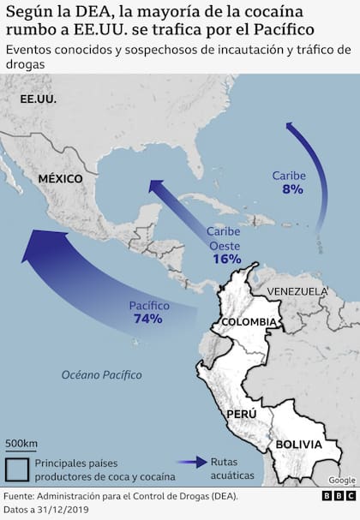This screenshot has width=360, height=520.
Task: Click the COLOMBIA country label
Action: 249,322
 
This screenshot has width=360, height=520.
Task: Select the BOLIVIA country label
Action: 297,445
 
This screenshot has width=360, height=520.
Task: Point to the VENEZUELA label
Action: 297,291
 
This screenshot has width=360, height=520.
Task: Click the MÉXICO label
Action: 59,178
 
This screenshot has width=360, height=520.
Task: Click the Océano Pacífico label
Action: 101,375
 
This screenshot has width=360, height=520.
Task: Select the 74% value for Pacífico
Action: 148,319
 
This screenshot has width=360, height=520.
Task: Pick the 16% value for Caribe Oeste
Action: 226,259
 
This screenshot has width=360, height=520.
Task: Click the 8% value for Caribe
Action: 291,188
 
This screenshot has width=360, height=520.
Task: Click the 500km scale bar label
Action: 21,443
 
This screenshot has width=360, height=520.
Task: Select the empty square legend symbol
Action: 17,469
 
